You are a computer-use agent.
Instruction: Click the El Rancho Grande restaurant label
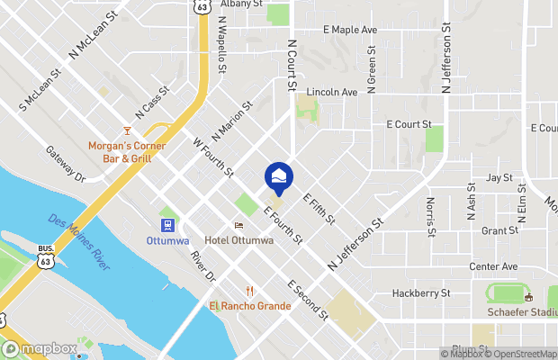[x=250, y=305]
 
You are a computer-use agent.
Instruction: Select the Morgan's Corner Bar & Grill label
[x=119, y=152]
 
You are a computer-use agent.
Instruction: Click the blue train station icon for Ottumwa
[x=166, y=225]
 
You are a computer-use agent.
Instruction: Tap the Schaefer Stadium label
[x=523, y=310]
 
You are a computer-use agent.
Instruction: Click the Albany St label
[x=241, y=4]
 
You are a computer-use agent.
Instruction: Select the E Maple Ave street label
[x=350, y=30]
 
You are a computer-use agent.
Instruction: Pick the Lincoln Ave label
[x=332, y=92]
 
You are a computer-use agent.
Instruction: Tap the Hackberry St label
[x=420, y=293]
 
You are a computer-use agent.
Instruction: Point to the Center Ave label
[x=493, y=267]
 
